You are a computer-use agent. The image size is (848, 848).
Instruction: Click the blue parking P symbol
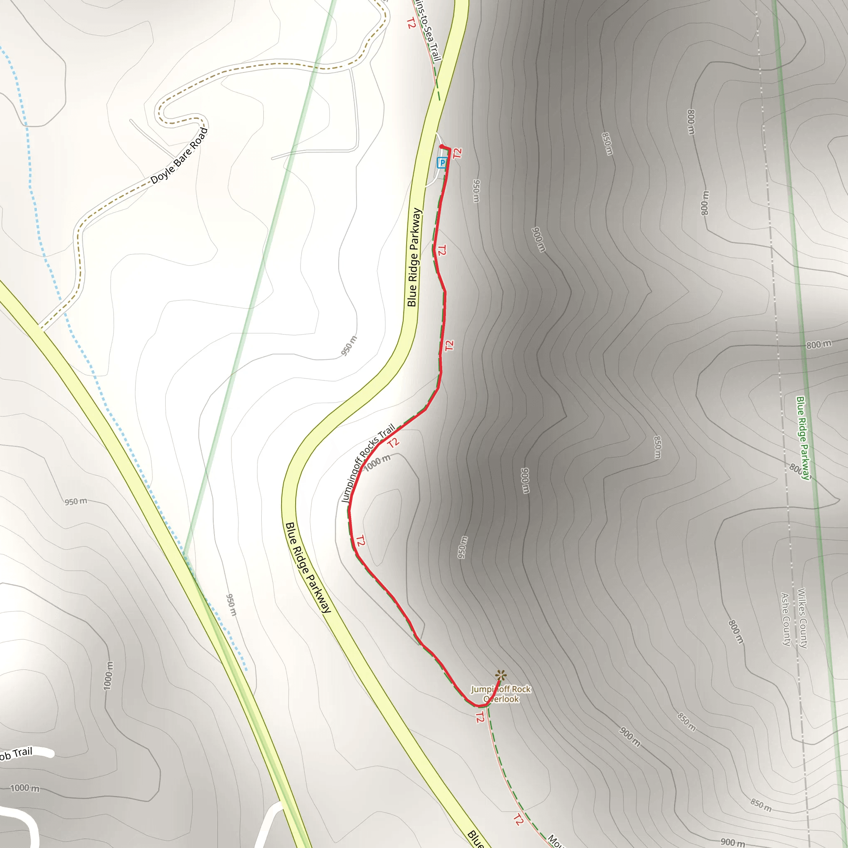[x=442, y=163]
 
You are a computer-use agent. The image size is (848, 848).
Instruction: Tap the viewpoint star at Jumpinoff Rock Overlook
[x=500, y=675]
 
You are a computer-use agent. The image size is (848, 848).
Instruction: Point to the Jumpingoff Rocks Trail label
[x=368, y=463]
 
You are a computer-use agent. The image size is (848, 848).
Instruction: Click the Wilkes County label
[x=802, y=619]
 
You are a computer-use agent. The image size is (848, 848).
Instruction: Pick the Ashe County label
[x=785, y=619]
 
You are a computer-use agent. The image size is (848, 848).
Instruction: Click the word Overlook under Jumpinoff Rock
[x=501, y=699]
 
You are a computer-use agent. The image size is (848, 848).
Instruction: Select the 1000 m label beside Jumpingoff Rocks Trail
[x=377, y=463]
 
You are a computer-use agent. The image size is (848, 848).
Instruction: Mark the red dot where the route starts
[x=441, y=147]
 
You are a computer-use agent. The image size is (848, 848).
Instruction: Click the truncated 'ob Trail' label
[x=17, y=754]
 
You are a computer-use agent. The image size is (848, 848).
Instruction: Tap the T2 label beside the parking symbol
[x=458, y=153]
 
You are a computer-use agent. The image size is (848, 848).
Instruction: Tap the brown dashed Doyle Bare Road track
[x=263, y=65]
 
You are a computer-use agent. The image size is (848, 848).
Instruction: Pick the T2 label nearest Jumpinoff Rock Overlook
[x=480, y=718]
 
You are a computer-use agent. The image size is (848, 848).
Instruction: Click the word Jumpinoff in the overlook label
[x=485, y=689]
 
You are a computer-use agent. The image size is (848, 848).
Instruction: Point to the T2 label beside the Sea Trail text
[x=411, y=23]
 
